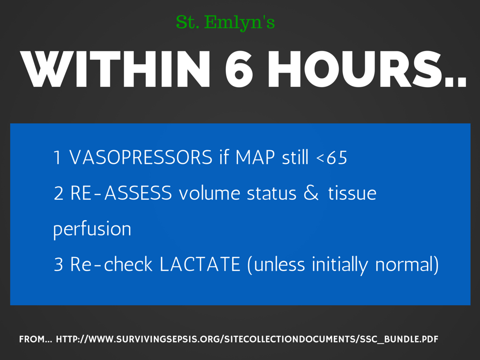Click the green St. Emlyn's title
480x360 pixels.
tap(225, 22)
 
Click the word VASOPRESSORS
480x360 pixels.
tap(141, 158)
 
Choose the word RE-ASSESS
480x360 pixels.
tap(121, 194)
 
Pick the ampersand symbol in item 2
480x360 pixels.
tap(311, 194)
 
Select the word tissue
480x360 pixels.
tap(352, 194)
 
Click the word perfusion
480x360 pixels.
tap(92, 230)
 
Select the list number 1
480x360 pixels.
tap(57, 158)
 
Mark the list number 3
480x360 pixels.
tap(58, 265)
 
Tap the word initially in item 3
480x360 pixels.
tap(341, 265)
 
